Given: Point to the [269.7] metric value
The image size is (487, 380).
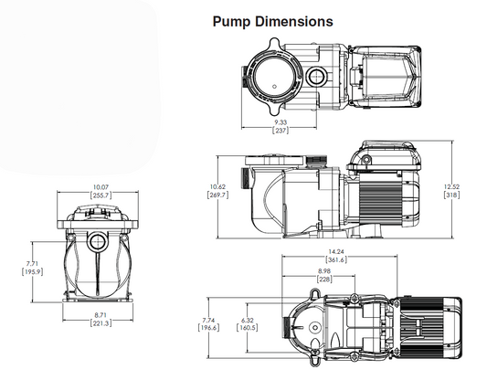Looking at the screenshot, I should click(218, 195).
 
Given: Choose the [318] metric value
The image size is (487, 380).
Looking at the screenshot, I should click(451, 195).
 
